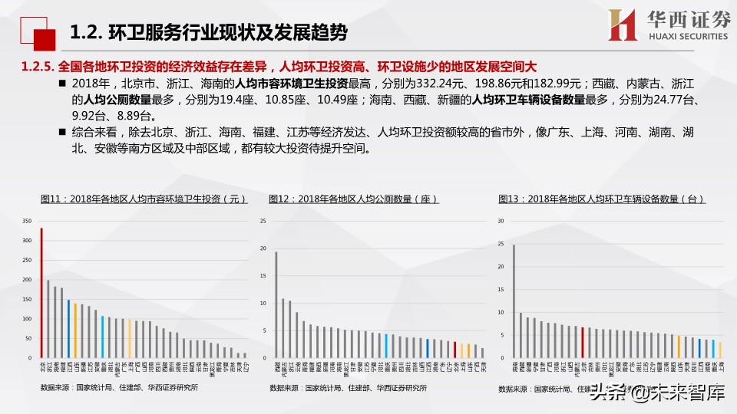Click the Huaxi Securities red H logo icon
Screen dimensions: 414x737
coord(622,25)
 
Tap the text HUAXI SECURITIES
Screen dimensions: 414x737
coord(679,34)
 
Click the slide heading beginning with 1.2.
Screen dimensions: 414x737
coord(208,33)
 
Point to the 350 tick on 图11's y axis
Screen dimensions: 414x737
coord(27,221)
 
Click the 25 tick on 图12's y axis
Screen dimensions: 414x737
coord(262,221)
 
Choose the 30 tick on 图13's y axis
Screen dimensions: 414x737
coord(500,221)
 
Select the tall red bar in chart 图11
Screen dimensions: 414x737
coord(41,292)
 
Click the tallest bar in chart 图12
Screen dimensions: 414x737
coord(276,304)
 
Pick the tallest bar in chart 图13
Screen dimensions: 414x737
coord(514,301)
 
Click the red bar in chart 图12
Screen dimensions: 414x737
coord(454,350)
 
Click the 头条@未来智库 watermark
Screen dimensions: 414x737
coord(657,396)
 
